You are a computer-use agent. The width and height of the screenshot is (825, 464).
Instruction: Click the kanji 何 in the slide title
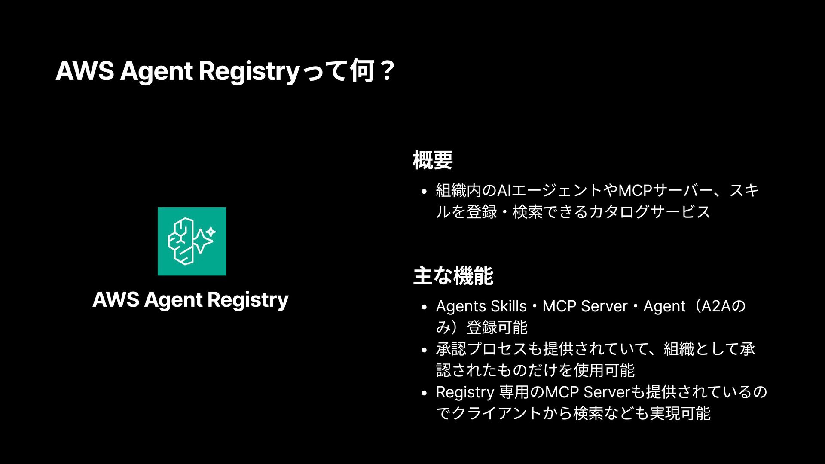(x=362, y=71)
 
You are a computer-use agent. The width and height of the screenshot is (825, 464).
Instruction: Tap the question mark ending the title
(x=387, y=71)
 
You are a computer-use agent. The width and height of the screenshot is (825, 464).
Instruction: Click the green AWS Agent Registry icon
(x=192, y=241)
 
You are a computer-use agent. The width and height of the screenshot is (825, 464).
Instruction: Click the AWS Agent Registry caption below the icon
(x=190, y=299)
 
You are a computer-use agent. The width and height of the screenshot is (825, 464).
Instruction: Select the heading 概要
(x=432, y=160)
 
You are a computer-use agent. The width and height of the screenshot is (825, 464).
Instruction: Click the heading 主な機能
(x=453, y=275)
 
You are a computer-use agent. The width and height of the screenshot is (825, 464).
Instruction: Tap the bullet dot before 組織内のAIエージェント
(x=424, y=191)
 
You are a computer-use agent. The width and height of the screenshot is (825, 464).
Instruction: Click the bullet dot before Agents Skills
(x=424, y=307)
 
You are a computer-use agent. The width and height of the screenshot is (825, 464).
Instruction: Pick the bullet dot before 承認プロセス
(x=424, y=350)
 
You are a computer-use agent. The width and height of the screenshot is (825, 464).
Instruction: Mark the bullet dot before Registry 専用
(x=424, y=393)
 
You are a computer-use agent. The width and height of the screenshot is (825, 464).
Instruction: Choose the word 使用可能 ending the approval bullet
(x=604, y=370)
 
